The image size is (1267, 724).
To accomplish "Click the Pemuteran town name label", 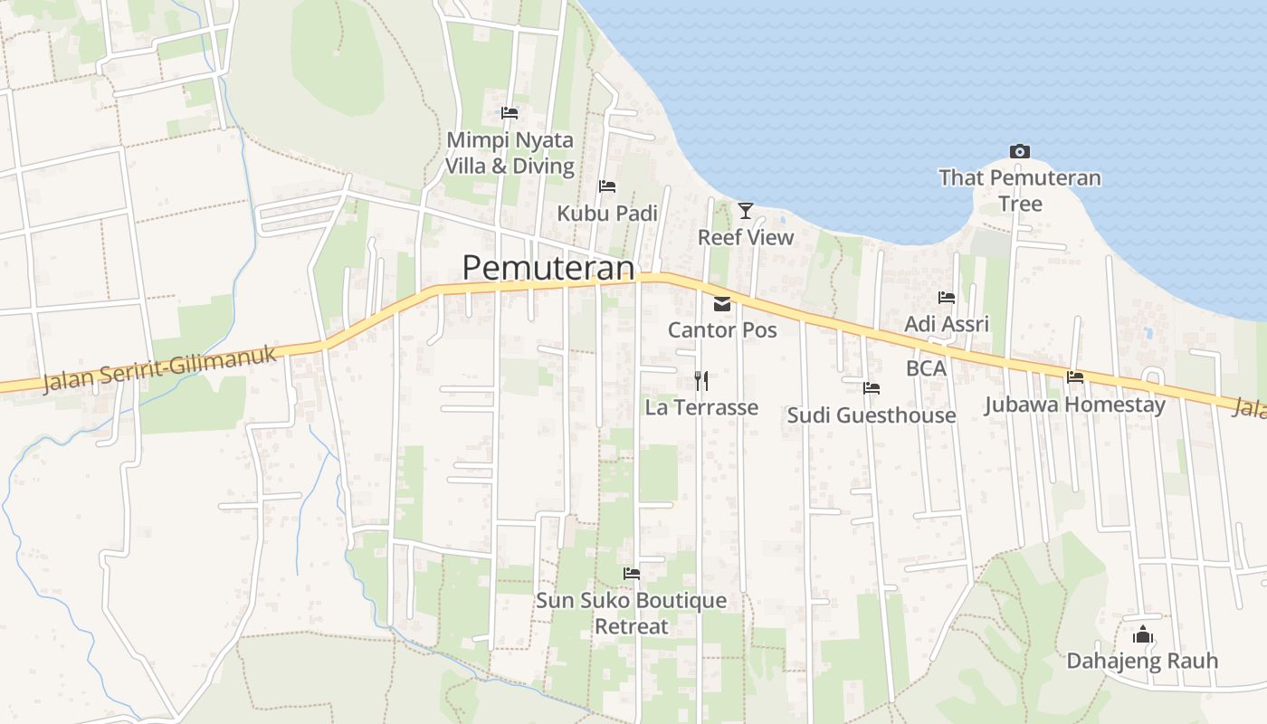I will point(548,268).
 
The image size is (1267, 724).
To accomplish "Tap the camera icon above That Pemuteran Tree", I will point(1020,151).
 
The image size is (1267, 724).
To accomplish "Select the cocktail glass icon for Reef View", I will point(745,211).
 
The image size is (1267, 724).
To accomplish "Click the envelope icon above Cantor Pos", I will point(722,304).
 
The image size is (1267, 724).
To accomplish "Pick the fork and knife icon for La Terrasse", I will point(701,380).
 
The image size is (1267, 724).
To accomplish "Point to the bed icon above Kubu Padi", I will point(607,186).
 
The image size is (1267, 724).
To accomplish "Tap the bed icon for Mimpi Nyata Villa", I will point(510,113).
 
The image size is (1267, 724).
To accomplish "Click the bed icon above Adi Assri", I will point(947,297).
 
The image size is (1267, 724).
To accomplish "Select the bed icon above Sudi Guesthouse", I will point(872,388).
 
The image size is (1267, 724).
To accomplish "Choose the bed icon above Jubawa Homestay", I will point(1075,376).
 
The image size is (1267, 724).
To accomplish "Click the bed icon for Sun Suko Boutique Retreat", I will point(632,574).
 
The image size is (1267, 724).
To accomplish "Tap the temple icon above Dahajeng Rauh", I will point(1143,634).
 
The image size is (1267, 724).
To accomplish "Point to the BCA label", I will point(926,368).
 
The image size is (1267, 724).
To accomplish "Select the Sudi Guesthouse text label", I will point(871,415).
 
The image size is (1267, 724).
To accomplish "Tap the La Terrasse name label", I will point(701,408).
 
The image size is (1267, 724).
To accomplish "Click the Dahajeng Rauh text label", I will point(1142,661).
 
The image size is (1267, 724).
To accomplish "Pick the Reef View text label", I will point(745,237).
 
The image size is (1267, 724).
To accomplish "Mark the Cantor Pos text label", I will point(722,329).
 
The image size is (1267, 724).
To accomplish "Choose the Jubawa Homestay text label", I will point(1075,405).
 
